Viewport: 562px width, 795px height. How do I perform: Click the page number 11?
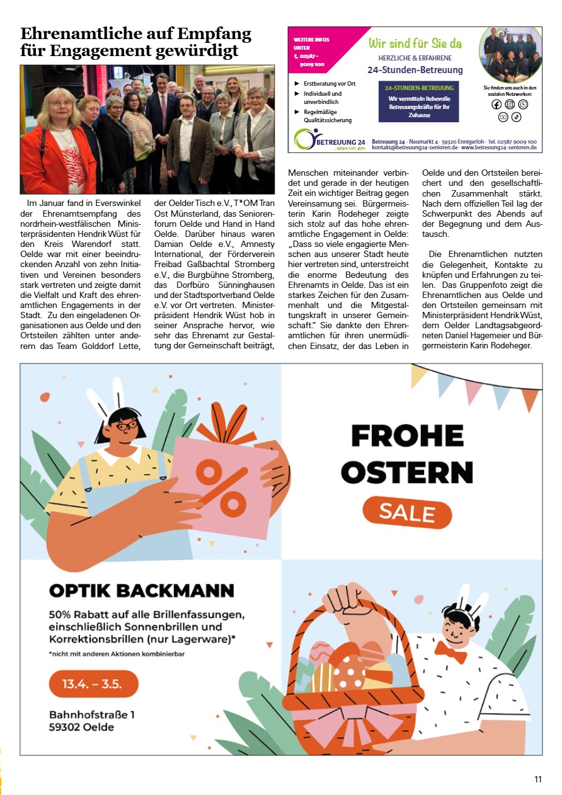538,779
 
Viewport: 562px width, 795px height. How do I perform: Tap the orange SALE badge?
407,513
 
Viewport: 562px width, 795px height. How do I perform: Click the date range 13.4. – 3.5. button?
93,683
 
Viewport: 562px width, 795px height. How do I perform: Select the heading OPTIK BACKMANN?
142,591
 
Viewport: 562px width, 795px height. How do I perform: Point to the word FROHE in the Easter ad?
407,436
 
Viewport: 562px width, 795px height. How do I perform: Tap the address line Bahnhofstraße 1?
92,715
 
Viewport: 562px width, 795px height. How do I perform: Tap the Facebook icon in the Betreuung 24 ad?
496,105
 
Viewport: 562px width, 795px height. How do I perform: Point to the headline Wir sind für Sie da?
415,43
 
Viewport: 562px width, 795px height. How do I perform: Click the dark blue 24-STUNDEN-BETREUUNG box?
418,101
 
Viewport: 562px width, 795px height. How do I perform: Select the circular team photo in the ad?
510,55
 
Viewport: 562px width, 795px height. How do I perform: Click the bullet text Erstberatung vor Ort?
330,83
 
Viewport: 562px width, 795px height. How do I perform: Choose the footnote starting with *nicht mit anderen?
116,654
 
